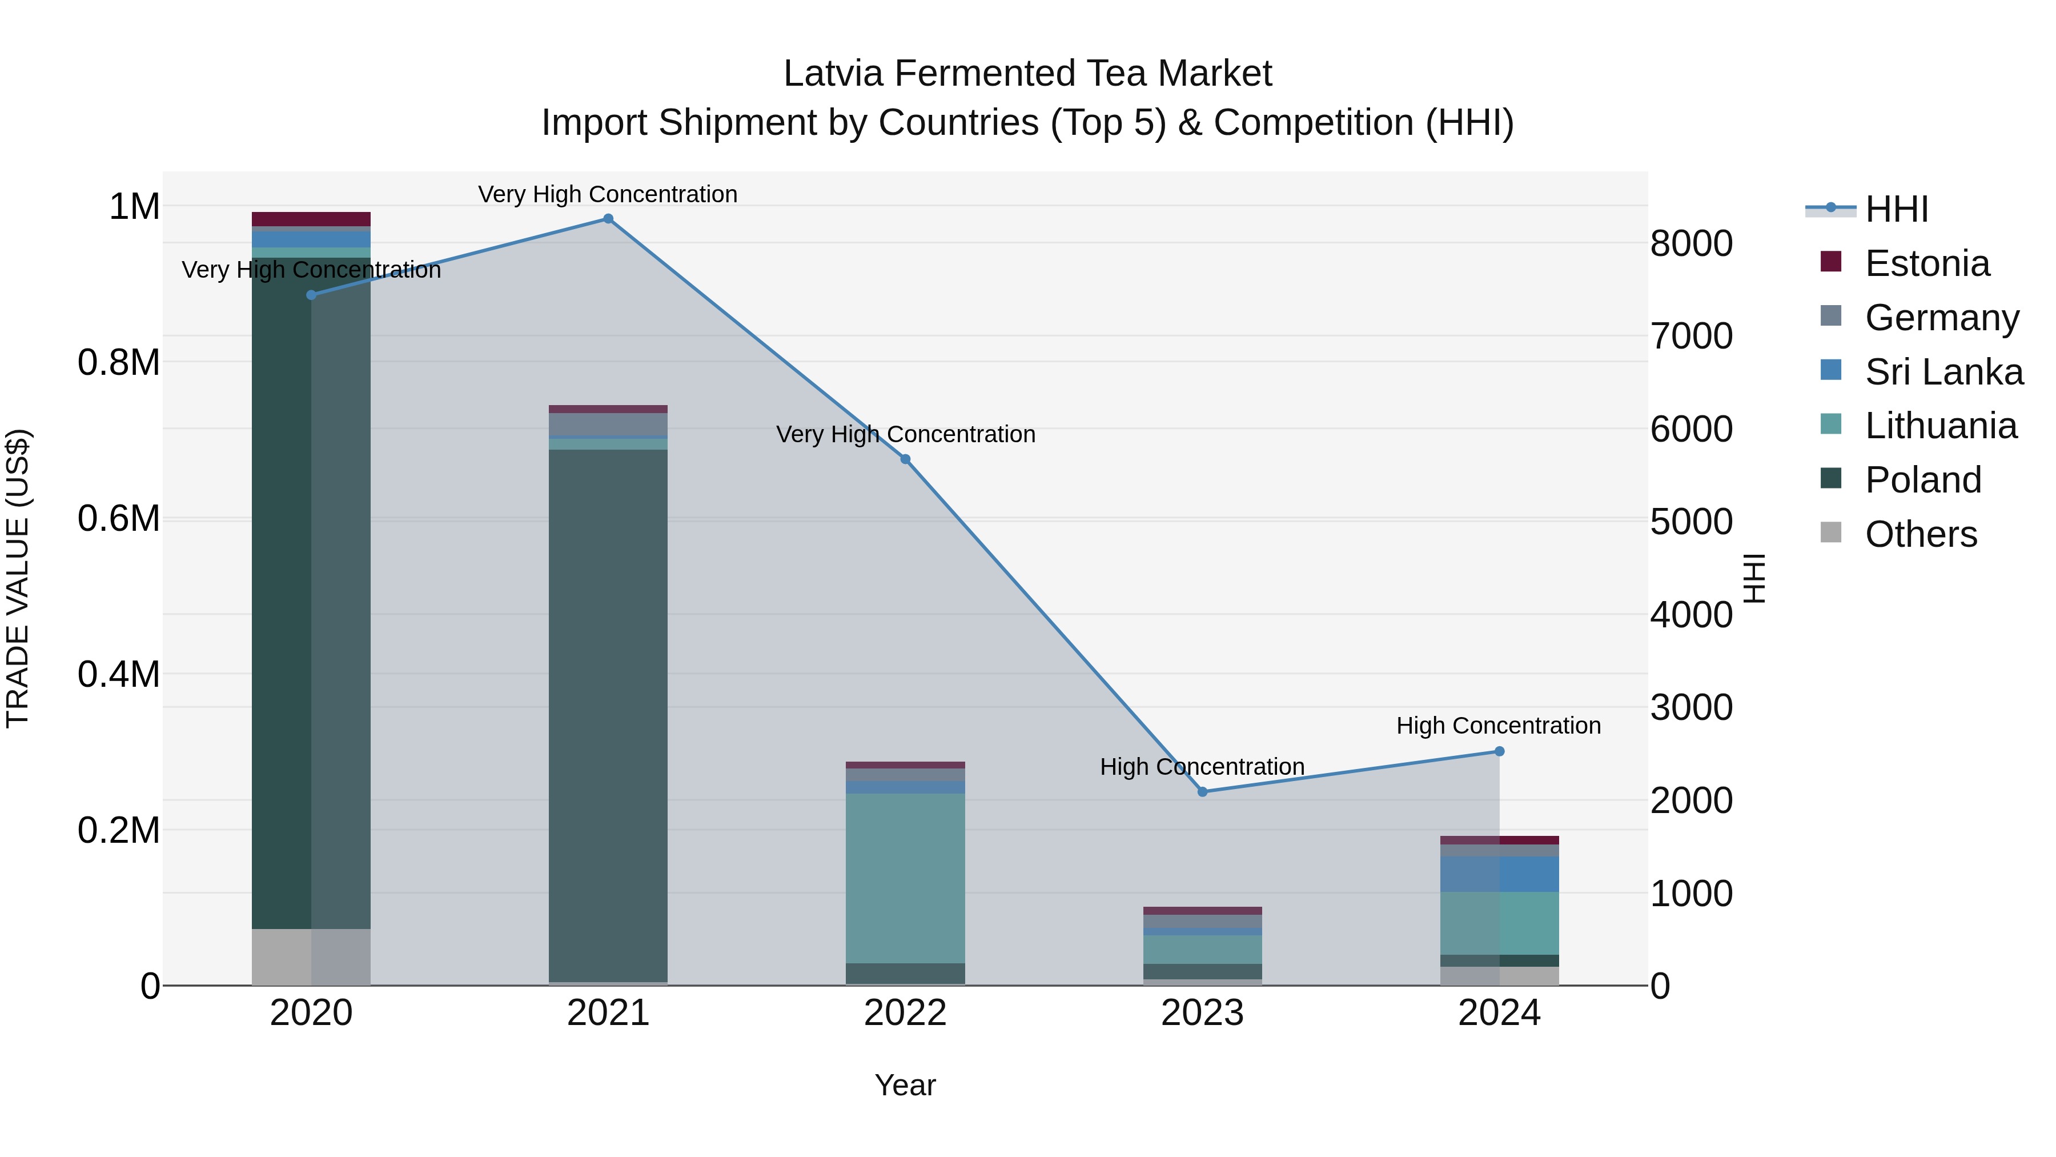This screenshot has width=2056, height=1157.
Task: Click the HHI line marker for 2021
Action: coord(608,219)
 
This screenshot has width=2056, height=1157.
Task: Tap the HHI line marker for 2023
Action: coord(1203,792)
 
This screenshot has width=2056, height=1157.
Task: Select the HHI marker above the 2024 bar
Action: coord(1499,751)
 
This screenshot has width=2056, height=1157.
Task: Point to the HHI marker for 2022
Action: coord(905,459)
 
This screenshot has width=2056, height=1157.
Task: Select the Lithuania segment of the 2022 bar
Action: coord(905,878)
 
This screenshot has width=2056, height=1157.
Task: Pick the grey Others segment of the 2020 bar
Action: coord(311,956)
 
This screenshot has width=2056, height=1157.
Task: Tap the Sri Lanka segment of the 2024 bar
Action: coord(1499,874)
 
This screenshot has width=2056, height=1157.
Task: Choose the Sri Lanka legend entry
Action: coord(1943,372)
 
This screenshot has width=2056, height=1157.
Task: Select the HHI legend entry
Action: coord(1896,209)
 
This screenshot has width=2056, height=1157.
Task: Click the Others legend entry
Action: coord(1920,534)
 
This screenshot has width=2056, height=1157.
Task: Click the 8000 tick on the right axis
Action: coord(1691,243)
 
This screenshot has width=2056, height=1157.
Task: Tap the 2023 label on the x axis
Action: coord(1202,1013)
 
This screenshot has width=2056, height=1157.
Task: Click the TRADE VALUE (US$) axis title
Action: coord(18,578)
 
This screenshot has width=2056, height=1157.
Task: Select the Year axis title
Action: coord(905,1085)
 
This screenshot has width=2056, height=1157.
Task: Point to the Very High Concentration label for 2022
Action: coord(905,434)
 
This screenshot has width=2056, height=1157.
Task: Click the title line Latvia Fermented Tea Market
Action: coord(1027,74)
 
